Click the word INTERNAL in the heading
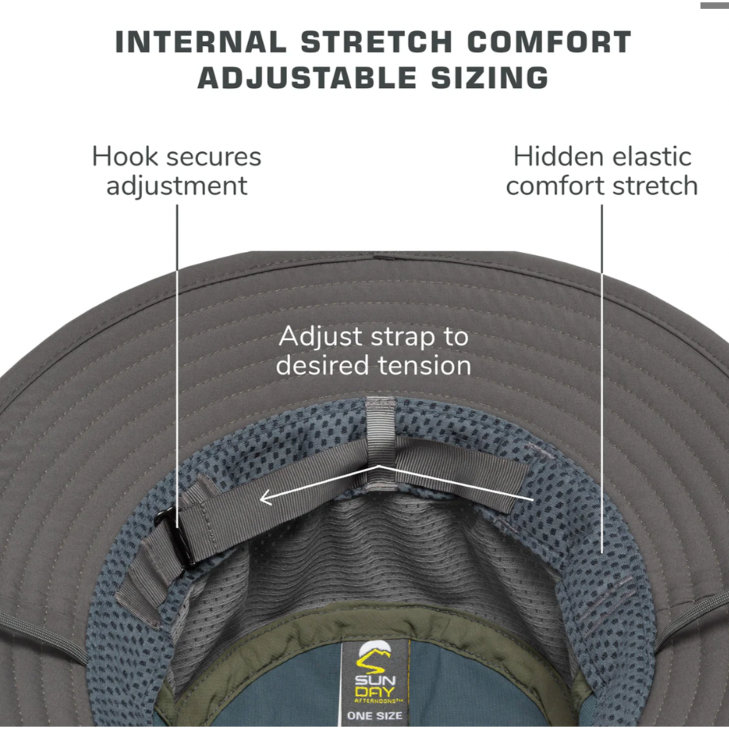click(200, 42)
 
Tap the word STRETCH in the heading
click(376, 42)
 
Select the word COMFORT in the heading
click(549, 42)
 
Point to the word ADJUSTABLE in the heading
click(307, 78)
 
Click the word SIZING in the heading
click(490, 78)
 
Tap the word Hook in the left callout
click(124, 157)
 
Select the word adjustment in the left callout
click(177, 186)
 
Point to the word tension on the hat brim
click(425, 365)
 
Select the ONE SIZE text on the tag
click(374, 716)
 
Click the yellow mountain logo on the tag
click(374, 657)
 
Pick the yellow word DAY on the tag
click(375, 693)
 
